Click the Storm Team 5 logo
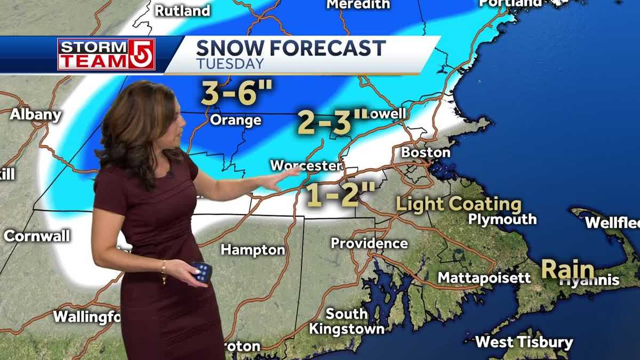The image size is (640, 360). point(106,54)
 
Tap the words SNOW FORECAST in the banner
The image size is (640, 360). point(291,49)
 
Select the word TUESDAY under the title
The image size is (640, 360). point(230,64)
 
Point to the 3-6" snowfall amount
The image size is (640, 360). point(236,93)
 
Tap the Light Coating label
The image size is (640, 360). point(458,204)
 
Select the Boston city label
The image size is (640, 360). point(426,153)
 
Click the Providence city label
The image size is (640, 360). point(369,243)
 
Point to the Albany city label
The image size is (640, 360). point(36,114)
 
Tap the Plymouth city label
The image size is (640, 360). point(502,219)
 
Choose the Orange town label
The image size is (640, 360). point(235,120)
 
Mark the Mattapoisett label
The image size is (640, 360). point(484,277)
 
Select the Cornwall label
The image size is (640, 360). point(37,236)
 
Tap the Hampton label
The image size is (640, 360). point(252,250)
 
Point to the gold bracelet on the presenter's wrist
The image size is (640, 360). point(164,271)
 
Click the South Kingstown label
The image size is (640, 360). point(347,321)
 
